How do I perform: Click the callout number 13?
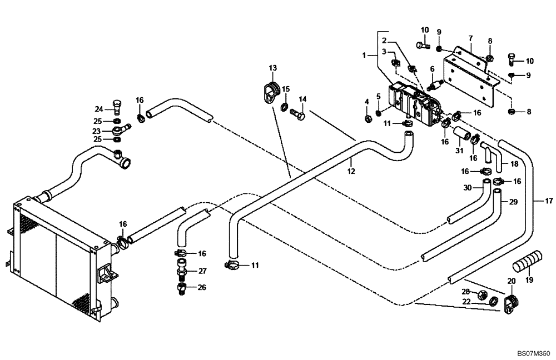click(273, 68)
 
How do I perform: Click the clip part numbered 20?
click(511, 304)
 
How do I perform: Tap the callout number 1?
click(365, 55)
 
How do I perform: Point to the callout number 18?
click(514, 164)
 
